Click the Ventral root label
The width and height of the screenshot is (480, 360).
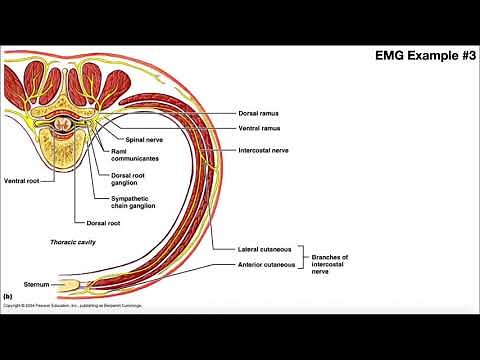tap(22, 180)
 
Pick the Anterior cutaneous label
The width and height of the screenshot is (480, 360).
tap(267, 264)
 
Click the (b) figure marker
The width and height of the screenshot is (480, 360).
tap(7, 296)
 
